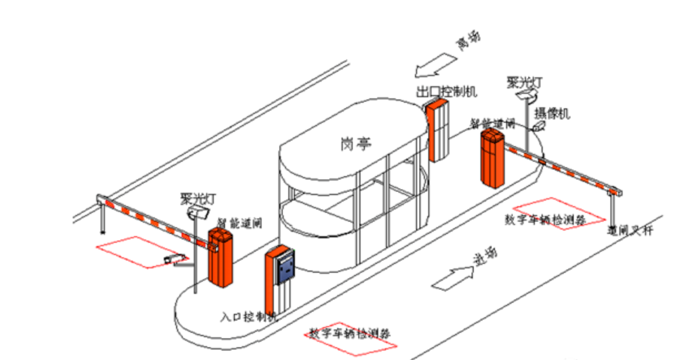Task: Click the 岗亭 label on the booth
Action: (356, 144)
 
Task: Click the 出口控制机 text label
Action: (447, 91)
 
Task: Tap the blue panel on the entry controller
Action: (287, 269)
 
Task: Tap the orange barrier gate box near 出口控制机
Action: (492, 158)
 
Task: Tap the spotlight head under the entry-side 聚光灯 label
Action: (197, 212)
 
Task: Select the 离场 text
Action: (468, 42)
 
